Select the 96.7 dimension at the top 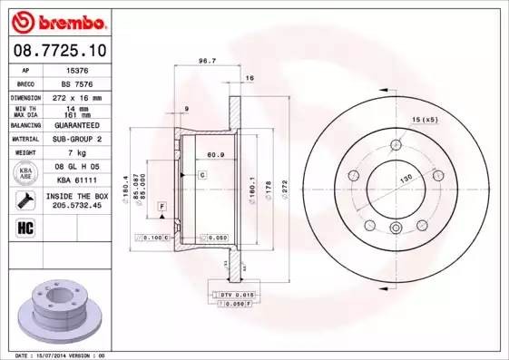[x=206, y=62]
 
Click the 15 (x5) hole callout [x=425, y=120]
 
